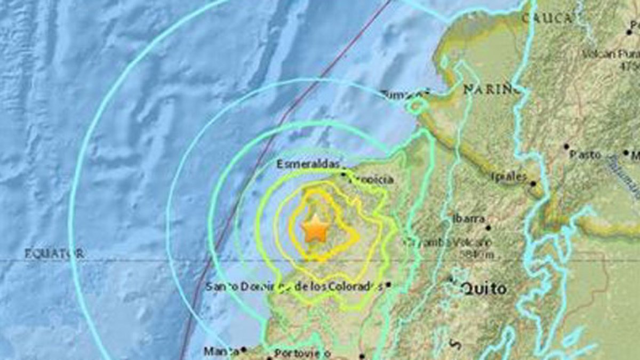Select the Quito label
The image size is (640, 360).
coord(484,289)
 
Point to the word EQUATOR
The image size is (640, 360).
coord(54,254)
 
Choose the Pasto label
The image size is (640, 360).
coord(585,155)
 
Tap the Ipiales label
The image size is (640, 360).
coord(509,177)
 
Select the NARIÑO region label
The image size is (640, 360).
coord(491,89)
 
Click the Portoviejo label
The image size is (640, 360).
coord(302,353)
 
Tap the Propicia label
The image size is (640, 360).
coord(372,180)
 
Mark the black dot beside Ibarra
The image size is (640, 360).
coord(488,228)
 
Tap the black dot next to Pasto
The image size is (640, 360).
coord(566,146)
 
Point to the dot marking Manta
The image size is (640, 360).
coord(243,349)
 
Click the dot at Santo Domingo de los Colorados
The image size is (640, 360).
coord(389,285)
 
